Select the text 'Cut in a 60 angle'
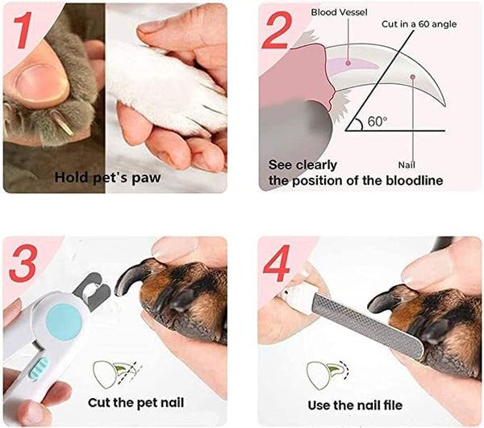pos(419,24)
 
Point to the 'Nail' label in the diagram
pos(418,163)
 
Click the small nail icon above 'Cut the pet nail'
pos(111,372)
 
